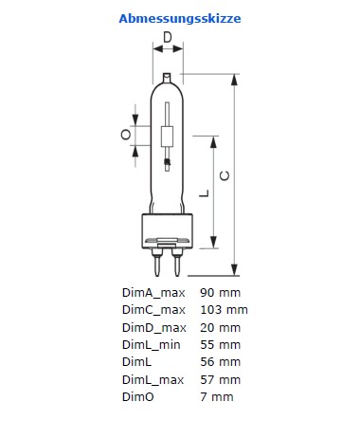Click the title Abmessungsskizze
180,19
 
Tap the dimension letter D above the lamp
168,37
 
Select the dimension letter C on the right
225,175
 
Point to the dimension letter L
205,193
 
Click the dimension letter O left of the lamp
126,135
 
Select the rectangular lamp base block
167,230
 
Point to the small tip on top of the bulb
167,78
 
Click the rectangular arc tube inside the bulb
167,137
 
